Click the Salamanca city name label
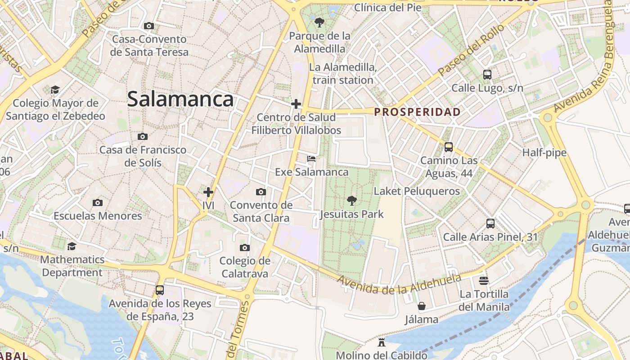click(180, 99)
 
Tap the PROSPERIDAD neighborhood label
click(418, 112)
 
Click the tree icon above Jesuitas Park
click(352, 201)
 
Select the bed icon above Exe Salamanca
click(311, 159)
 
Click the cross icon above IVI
click(208, 193)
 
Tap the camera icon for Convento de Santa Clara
click(261, 192)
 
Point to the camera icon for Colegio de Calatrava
click(245, 247)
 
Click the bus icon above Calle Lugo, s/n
click(487, 75)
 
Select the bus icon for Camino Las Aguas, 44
click(449, 147)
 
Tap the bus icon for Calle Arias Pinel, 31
click(490, 224)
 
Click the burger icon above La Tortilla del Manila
click(484, 281)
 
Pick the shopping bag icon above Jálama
click(422, 306)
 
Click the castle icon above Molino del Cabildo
click(382, 342)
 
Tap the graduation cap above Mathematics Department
click(72, 247)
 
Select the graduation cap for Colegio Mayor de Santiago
click(55, 90)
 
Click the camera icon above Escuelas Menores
click(98, 203)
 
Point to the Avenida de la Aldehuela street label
click(400, 283)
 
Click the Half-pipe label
click(544, 153)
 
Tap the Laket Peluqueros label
click(417, 191)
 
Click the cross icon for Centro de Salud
click(296, 104)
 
